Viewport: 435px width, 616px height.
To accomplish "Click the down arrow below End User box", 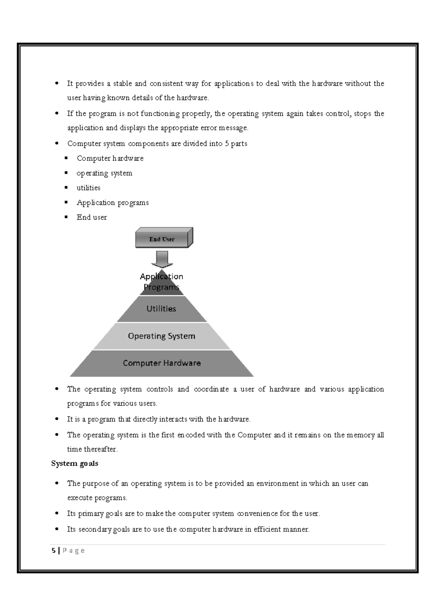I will point(162,259).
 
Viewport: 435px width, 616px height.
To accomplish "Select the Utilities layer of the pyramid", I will point(161,309).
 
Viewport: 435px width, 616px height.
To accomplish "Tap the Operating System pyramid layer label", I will point(162,336).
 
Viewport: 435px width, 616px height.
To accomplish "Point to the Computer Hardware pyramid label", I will point(162,363).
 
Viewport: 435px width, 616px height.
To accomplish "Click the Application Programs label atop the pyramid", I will point(162,282).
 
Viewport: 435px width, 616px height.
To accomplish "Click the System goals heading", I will point(75,464).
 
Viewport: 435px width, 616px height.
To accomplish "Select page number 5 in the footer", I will point(54,551).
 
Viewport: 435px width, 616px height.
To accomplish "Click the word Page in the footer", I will point(74,551).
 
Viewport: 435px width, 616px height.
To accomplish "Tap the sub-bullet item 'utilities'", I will point(88,188).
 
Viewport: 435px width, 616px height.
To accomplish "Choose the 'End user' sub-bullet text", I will point(92,217).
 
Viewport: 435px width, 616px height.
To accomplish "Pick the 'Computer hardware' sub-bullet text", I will point(110,159).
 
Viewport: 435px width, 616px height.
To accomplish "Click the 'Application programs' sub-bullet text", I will point(113,203).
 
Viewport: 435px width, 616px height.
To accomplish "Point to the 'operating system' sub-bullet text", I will point(104,173).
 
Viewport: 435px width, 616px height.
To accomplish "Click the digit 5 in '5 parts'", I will point(227,144).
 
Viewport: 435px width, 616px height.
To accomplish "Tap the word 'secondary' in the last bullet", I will point(95,529).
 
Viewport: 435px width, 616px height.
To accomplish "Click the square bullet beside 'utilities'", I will point(66,188).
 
